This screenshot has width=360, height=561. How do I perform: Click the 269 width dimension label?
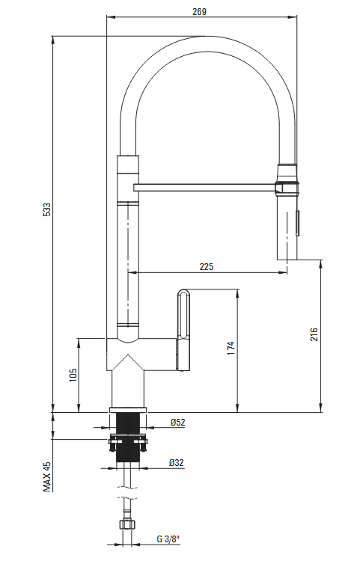pos(199,12)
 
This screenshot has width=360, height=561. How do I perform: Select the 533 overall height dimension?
pos(47,210)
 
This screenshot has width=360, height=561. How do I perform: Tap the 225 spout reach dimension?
pos(207,266)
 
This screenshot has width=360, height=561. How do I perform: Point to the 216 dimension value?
pos(314,334)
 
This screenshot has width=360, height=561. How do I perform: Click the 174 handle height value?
pos(231,348)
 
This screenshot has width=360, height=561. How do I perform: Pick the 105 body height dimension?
pos(73,375)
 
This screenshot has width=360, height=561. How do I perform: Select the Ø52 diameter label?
pos(178,422)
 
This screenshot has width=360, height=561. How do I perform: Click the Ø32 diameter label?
pos(176,462)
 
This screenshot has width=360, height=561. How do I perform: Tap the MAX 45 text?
pos(47,476)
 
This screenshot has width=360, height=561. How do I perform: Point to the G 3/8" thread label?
pos(168,539)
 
